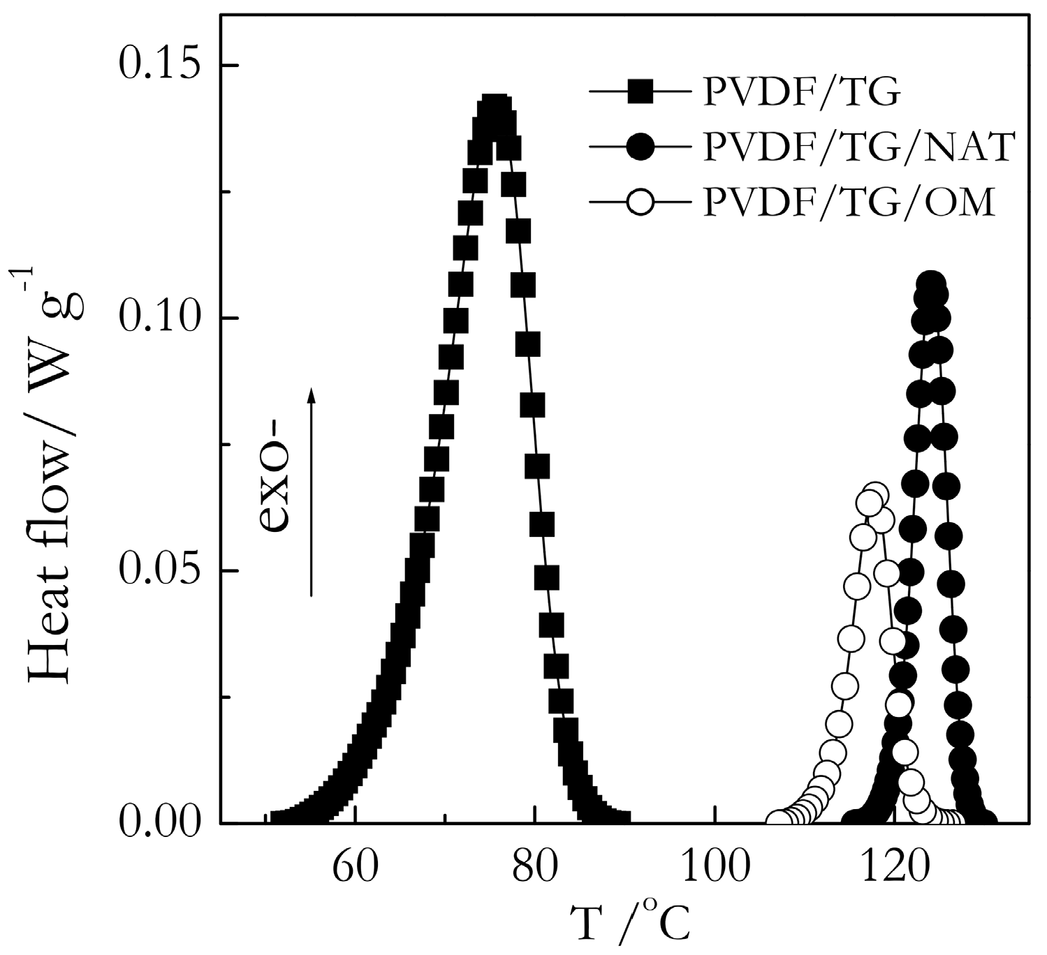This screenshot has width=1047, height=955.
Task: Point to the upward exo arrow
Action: click(x=312, y=489)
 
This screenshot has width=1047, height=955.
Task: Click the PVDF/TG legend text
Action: click(x=798, y=91)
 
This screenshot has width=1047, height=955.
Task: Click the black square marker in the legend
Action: click(x=640, y=91)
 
